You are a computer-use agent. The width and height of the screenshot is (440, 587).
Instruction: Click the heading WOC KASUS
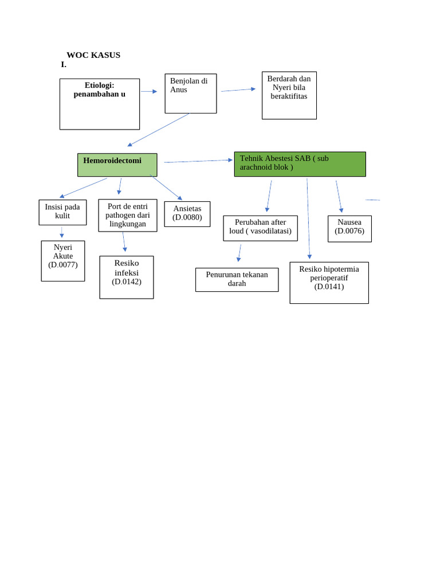[93, 55]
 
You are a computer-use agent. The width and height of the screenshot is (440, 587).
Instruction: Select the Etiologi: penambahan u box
[100, 104]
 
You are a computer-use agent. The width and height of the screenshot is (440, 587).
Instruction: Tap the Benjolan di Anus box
[191, 93]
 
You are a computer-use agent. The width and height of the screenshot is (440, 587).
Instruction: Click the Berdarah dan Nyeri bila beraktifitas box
[289, 95]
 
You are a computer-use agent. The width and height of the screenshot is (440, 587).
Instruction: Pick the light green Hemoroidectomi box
[117, 165]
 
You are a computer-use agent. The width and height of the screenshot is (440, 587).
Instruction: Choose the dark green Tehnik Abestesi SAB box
[300, 164]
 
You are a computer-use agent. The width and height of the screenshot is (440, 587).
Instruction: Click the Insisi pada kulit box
[62, 212]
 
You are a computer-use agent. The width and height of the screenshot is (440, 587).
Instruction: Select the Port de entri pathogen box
[128, 216]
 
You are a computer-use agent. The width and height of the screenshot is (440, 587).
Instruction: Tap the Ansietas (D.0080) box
[187, 214]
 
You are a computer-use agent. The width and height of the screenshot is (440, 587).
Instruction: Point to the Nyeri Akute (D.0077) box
[63, 261]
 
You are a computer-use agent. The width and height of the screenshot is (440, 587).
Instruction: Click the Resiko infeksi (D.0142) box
[127, 277]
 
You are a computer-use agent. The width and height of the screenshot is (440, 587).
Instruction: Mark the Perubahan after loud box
[260, 228]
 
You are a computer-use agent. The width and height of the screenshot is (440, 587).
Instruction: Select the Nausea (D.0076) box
[349, 229]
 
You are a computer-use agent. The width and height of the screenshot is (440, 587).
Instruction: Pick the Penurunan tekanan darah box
[237, 280]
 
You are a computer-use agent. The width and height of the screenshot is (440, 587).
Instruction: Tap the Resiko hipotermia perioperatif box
[329, 283]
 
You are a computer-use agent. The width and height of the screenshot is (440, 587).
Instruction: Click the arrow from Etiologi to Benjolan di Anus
[149, 91]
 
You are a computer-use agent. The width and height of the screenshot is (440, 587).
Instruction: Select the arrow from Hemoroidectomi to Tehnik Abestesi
[198, 161]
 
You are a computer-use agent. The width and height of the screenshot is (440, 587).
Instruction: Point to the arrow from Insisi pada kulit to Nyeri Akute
[62, 232]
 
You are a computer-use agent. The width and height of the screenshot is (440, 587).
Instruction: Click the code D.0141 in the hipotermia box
[329, 287]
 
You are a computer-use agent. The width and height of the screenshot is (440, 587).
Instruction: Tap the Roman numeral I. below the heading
[64, 65]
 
